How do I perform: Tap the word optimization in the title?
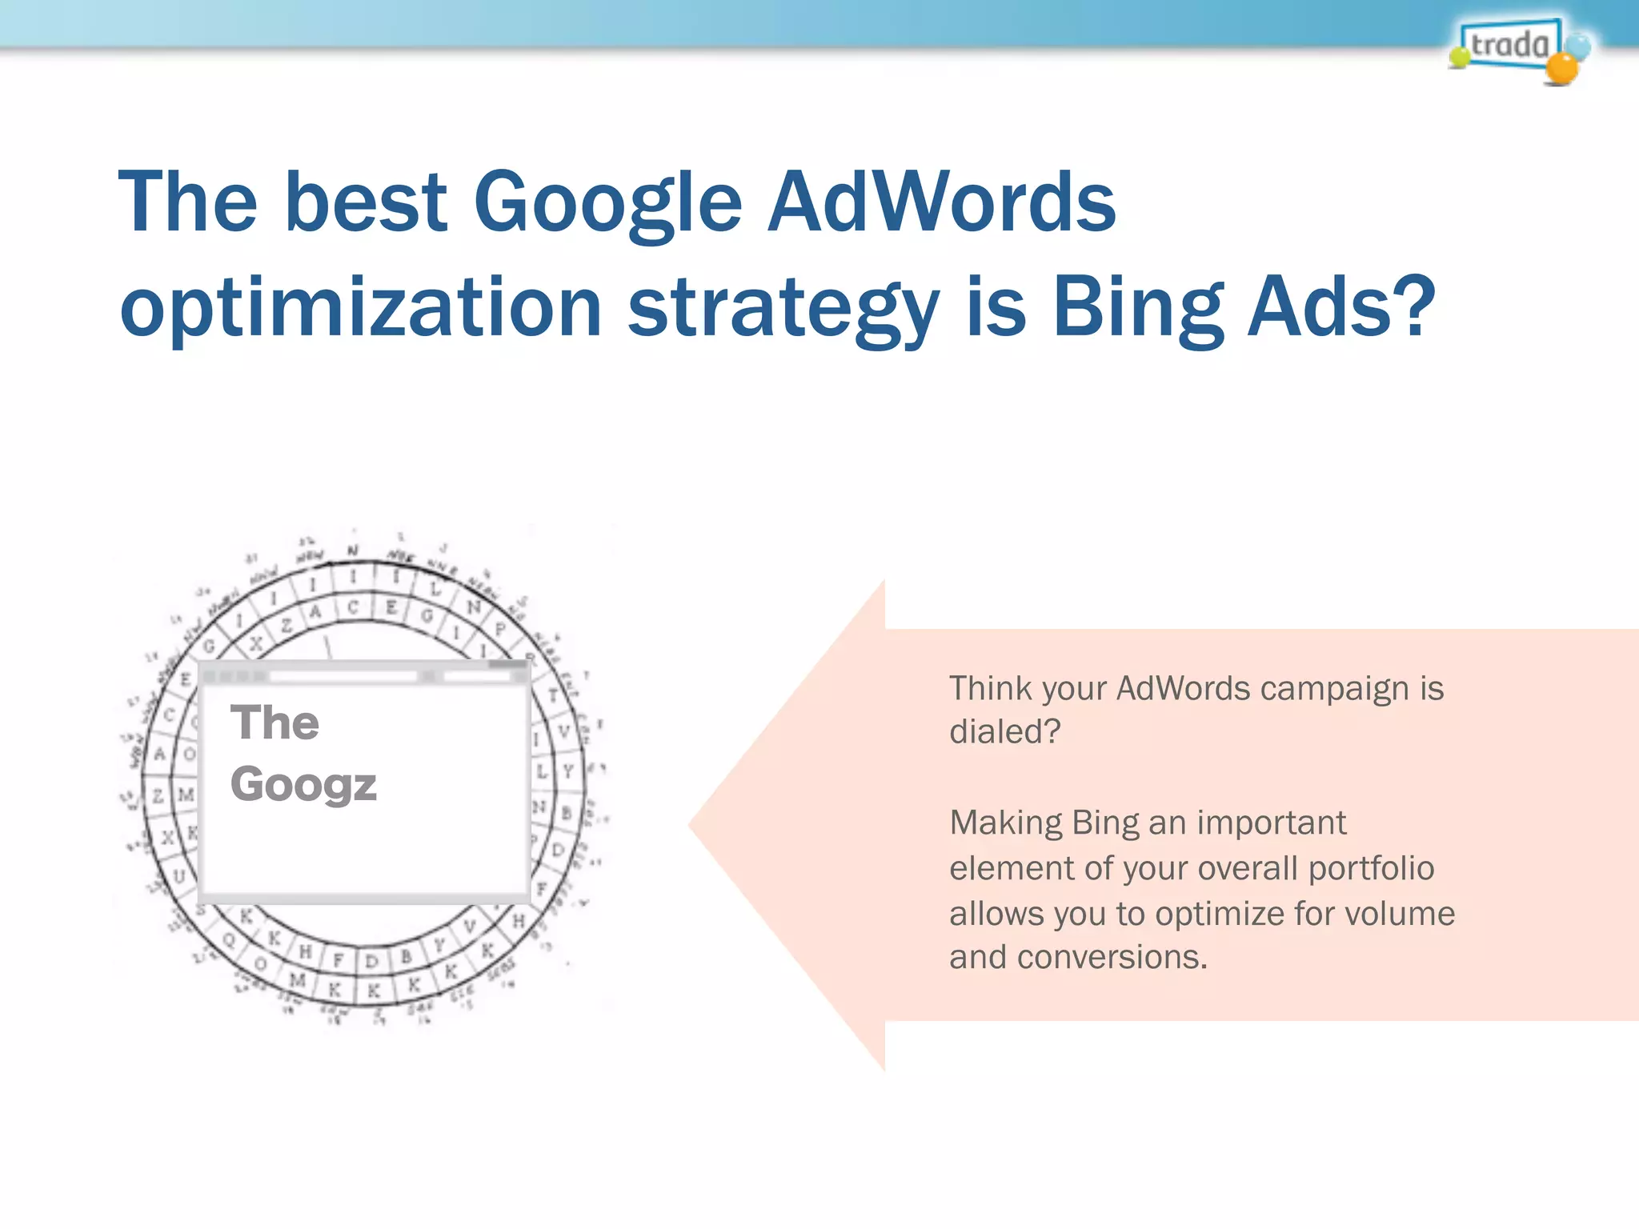pos(360,308)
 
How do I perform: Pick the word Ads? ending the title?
pos(1341,307)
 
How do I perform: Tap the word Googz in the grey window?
pos(303,785)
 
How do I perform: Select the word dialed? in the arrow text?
pos(1004,731)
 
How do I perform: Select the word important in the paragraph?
pos(1272,823)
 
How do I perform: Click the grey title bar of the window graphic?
pos(364,675)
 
